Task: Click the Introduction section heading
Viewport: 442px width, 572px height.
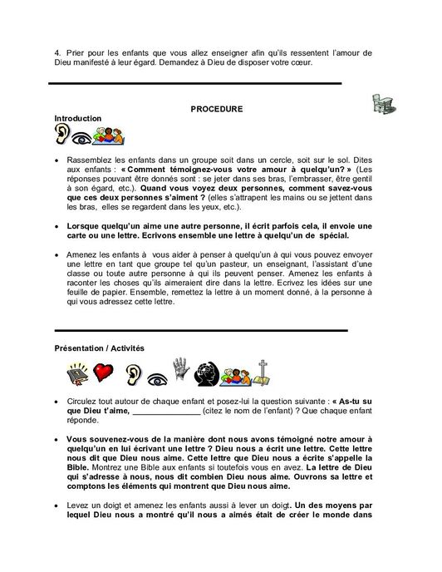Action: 78,118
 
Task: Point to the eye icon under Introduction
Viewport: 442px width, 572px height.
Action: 82,137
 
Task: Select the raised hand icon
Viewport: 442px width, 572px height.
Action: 181,371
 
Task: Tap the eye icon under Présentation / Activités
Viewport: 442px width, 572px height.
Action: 155,376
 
